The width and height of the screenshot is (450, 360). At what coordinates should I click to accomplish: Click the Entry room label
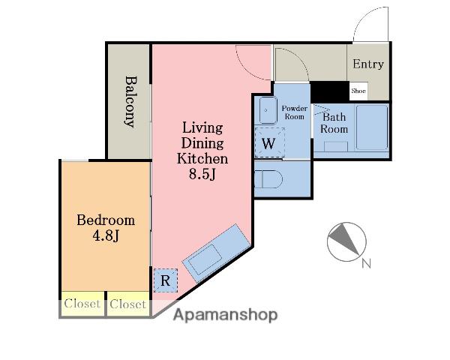[368, 64]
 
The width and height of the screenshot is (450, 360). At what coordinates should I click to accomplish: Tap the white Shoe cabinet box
[358, 91]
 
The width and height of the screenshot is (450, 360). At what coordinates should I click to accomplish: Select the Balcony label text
[130, 102]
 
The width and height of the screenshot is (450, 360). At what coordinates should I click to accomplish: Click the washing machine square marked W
[269, 142]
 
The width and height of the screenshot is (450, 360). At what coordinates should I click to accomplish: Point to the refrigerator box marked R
[165, 280]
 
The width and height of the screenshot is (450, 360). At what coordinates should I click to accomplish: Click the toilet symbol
[268, 179]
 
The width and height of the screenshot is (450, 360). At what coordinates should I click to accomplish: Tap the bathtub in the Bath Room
[372, 127]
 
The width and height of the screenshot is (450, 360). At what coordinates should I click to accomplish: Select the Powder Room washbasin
[268, 110]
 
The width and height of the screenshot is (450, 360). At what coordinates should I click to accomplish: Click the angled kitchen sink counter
[216, 253]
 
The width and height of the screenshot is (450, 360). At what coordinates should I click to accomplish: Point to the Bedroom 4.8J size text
[106, 236]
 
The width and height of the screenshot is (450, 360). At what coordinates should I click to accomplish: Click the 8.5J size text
[202, 174]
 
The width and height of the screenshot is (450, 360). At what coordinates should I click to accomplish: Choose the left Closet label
[82, 304]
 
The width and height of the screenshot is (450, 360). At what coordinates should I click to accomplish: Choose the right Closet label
[127, 304]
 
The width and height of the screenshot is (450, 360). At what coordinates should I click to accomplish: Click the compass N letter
[366, 263]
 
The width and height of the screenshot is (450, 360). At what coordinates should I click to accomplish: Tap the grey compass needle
[343, 238]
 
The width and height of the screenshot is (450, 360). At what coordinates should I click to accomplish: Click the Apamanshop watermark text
[226, 315]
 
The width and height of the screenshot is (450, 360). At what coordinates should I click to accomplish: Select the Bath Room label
[334, 123]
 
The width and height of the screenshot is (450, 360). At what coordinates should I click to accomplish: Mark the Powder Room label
[295, 112]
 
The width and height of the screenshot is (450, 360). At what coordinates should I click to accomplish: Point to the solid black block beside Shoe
[330, 91]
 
